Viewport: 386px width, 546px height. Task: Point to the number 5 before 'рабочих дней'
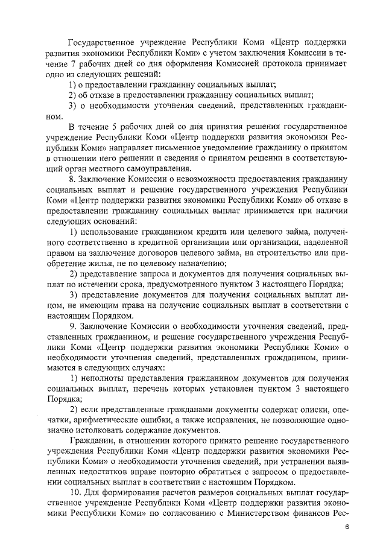click(119, 127)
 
